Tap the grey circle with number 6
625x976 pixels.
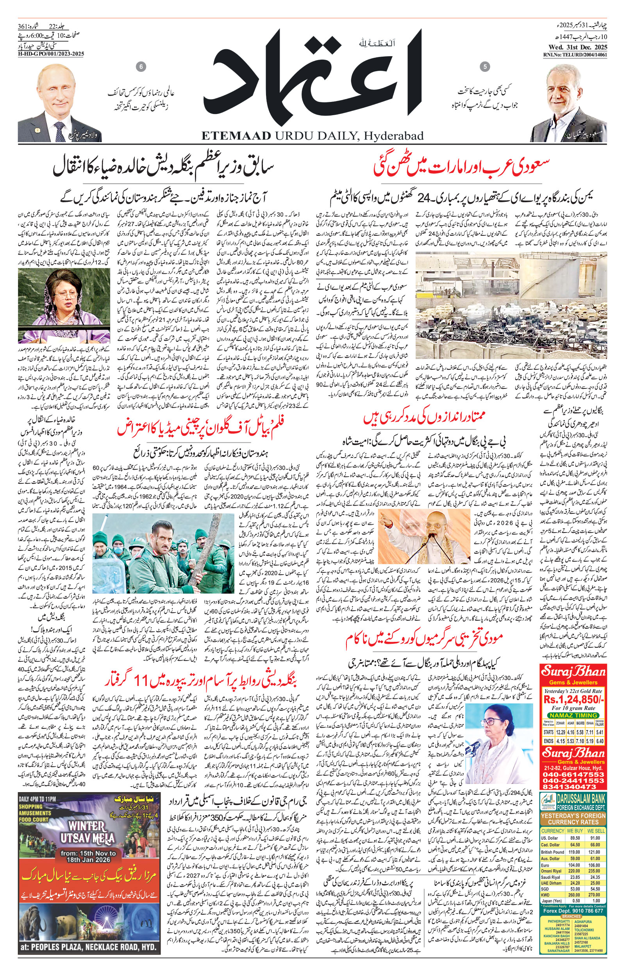[141, 66]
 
